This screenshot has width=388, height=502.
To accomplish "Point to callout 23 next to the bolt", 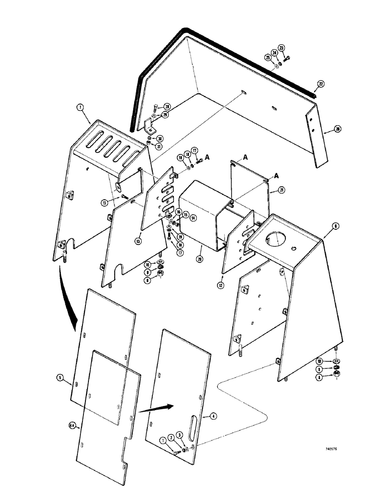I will click(x=281, y=49).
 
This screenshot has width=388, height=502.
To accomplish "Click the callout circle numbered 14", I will click(x=193, y=218).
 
